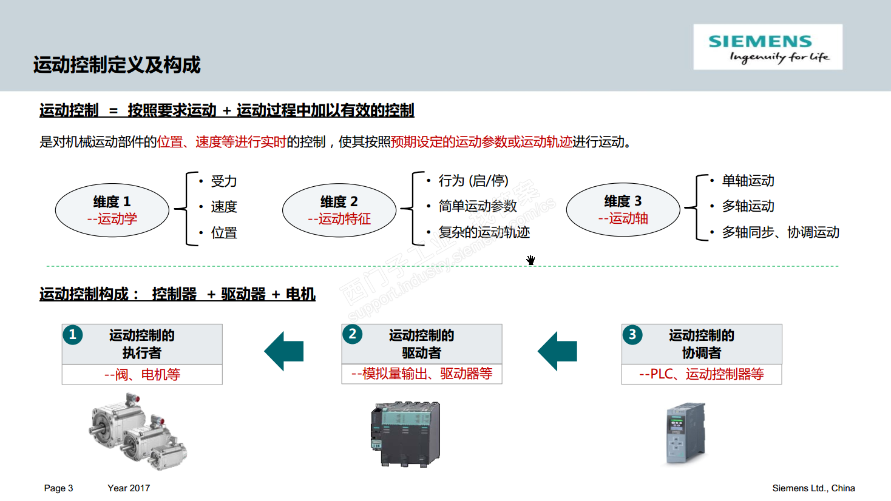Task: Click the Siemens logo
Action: click(x=767, y=47)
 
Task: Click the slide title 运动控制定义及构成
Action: click(x=117, y=65)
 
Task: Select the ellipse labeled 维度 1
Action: click(x=112, y=210)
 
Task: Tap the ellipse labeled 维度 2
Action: click(x=339, y=210)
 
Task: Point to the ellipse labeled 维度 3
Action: click(x=623, y=209)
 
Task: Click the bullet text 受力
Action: click(x=223, y=181)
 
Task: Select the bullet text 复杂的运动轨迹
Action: click(x=484, y=232)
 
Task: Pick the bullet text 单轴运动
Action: click(x=748, y=181)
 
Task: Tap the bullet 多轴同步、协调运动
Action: click(x=781, y=232)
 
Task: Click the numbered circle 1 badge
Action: click(x=73, y=335)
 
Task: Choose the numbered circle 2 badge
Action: click(x=353, y=334)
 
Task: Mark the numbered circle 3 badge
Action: click(x=632, y=334)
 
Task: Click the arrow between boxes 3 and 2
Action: click(x=557, y=351)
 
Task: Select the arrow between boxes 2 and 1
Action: click(x=284, y=351)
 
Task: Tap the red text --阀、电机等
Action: click(x=142, y=375)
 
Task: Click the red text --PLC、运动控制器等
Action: click(x=701, y=374)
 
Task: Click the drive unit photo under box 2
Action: click(x=405, y=433)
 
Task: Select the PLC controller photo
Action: click(x=686, y=432)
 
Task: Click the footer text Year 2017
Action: click(x=129, y=488)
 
